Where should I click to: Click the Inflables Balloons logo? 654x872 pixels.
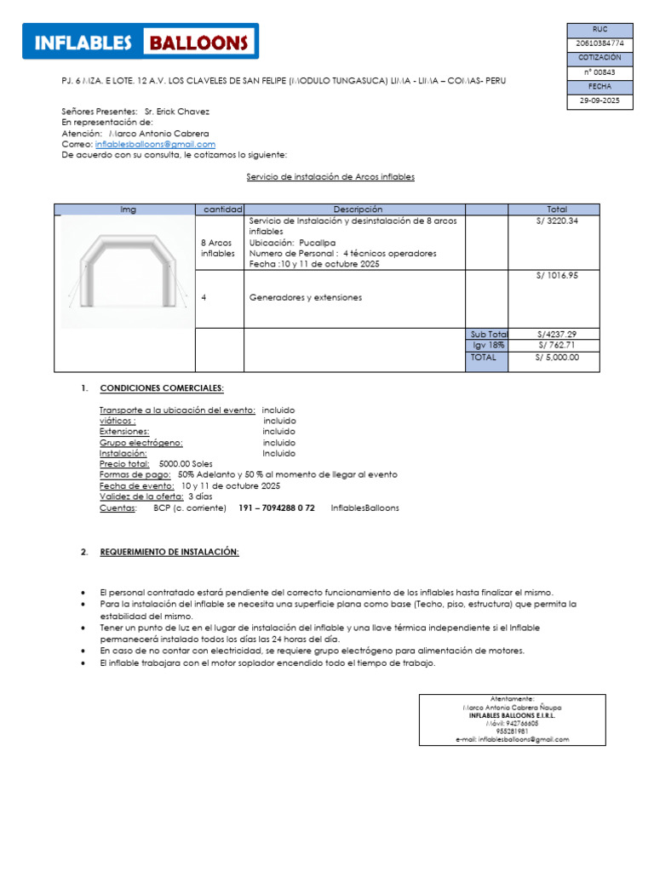point(141,42)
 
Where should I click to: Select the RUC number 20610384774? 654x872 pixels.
point(600,43)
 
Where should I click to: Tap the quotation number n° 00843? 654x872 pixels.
point(600,72)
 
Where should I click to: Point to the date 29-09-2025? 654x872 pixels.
point(600,100)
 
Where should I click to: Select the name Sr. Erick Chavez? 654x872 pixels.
point(177,112)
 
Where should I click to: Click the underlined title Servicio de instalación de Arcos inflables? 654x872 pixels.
point(330,177)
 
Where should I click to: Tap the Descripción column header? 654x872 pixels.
point(358,209)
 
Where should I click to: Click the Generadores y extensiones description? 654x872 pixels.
point(305,298)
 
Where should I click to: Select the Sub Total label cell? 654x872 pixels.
point(487,335)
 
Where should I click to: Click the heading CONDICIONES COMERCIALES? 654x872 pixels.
point(162,388)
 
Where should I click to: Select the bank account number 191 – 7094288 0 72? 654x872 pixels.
point(277,508)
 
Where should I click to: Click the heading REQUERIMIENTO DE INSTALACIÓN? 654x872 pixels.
point(169,552)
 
